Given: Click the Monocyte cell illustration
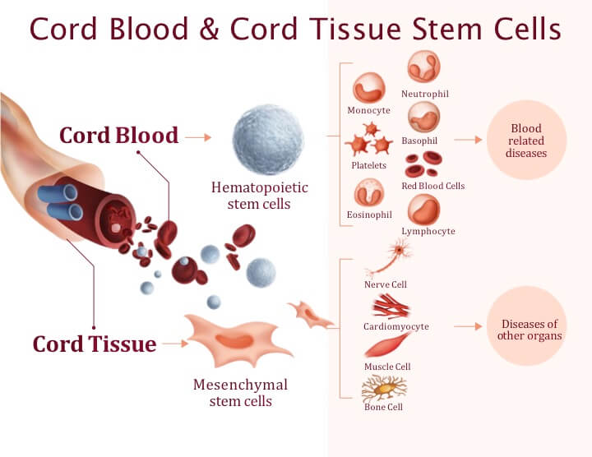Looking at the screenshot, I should tap(368, 87).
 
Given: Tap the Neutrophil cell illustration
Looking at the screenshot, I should tap(424, 66).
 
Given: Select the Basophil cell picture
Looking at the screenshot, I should tap(424, 117).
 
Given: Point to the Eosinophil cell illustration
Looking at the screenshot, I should tap(368, 192).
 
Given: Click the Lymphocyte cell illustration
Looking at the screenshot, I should tap(424, 210).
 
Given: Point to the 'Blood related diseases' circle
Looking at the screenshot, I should tap(527, 141).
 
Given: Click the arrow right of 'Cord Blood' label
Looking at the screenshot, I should tap(198, 136).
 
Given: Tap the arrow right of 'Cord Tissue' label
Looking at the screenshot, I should tap(175, 344).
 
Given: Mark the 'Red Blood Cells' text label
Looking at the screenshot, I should tap(433, 186).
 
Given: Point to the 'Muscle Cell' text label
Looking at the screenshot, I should tap(387, 367).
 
